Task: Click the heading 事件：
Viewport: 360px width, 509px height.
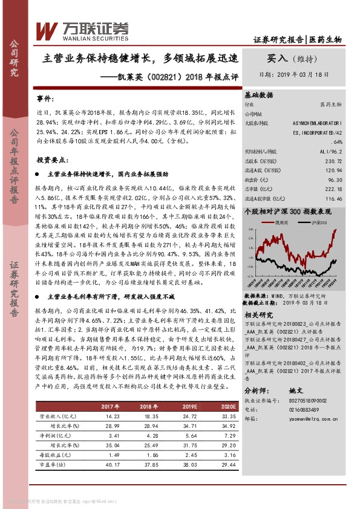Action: [45, 98]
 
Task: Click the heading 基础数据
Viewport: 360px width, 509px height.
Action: [259, 95]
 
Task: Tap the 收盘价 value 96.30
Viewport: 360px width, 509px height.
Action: [335, 180]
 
